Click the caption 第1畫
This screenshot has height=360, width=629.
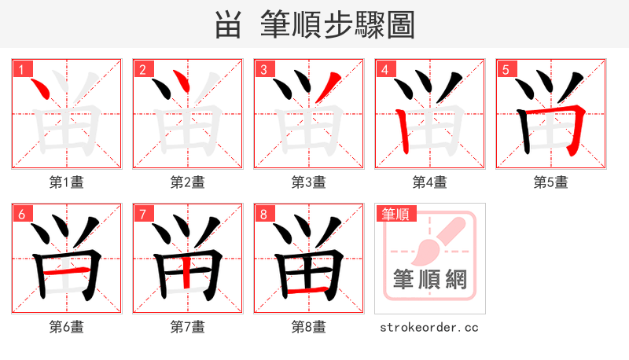coord(66,182)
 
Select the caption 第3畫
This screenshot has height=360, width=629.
coord(308,182)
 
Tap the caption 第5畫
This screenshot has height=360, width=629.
coord(550,182)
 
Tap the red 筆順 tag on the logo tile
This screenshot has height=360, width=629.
coord(395,213)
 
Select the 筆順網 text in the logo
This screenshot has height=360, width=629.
coord(430,279)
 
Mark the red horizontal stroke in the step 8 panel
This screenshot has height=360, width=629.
coord(303,292)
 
